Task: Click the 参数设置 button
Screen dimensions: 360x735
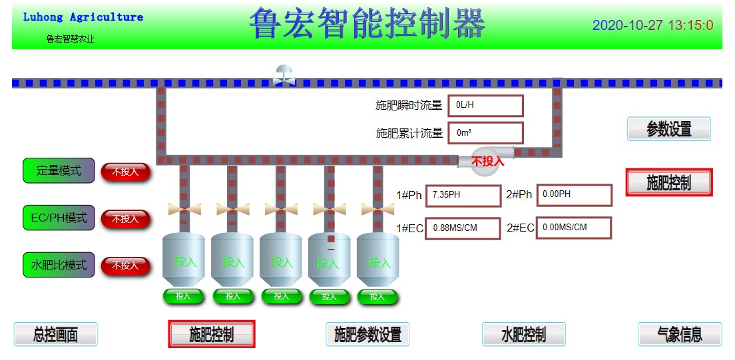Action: pos(668,129)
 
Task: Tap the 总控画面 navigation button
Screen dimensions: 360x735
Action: pos(56,334)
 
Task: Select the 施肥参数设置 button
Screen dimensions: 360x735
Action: pos(367,334)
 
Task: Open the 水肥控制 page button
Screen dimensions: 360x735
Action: pos(523,334)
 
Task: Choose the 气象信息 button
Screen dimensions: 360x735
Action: pos(679,334)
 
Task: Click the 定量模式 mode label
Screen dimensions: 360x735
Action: pos(59,171)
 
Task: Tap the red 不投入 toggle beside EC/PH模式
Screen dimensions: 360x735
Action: pos(125,219)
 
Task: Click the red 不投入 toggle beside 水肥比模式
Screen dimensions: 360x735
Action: pos(125,266)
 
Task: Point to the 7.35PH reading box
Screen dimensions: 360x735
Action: pos(462,196)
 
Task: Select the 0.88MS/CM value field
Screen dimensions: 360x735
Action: pos(462,228)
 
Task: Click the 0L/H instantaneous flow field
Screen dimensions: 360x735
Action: pos(485,106)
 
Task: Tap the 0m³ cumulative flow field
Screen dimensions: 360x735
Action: pos(485,132)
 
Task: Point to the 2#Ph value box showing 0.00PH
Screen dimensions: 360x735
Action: pos(574,195)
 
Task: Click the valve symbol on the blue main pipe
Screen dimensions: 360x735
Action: pos(284,75)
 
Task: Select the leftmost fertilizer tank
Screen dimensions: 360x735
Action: pos(184,260)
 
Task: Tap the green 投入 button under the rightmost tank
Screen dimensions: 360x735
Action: pos(377,297)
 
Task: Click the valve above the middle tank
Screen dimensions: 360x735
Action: pos(281,209)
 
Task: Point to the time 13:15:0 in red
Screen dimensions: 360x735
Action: pos(690,26)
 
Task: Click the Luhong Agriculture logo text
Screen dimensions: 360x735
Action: pos(83,17)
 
